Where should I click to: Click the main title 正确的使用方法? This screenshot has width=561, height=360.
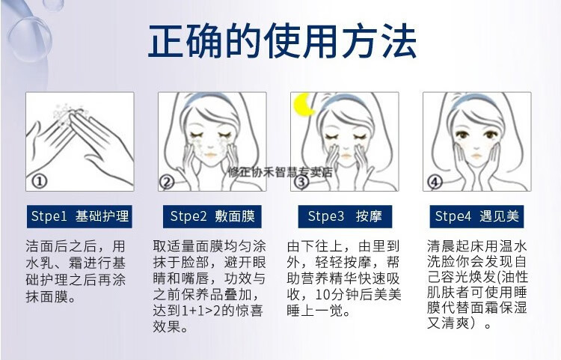[281, 41]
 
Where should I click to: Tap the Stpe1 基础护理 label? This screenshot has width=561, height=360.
[80, 216]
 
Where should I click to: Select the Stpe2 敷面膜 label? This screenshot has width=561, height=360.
[212, 216]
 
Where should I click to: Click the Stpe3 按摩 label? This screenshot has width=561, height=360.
[345, 216]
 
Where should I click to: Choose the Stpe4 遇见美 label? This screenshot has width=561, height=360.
[477, 216]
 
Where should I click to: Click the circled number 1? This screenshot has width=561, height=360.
[38, 182]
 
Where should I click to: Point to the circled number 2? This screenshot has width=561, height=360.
[168, 182]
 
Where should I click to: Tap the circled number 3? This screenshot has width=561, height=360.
[301, 182]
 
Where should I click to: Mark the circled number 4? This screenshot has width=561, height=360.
[434, 182]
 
